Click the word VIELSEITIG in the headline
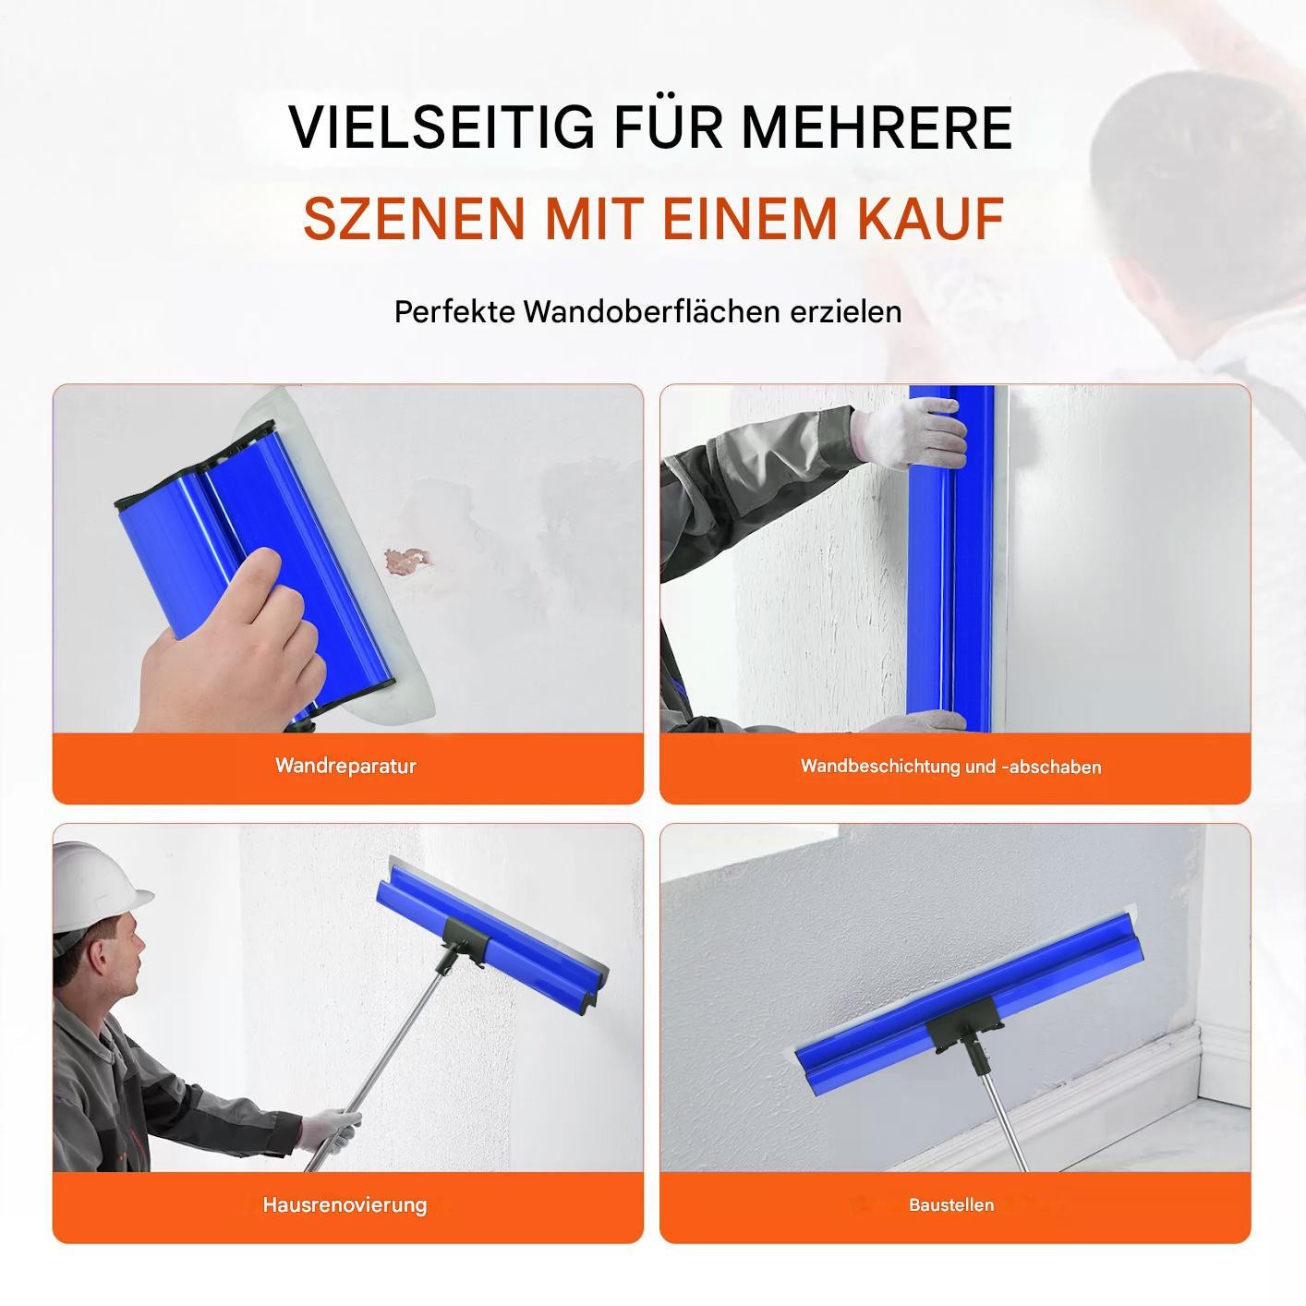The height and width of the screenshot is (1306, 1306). tap(441, 127)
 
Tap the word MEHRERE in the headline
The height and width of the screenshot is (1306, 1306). tap(877, 127)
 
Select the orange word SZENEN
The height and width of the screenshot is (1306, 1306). tap(415, 218)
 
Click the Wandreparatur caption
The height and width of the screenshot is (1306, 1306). tap(345, 766)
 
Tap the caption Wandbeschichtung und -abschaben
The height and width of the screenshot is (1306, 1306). tap(950, 767)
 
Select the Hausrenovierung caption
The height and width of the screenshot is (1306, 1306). tap(345, 1204)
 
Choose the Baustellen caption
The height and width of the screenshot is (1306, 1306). tap(951, 1204)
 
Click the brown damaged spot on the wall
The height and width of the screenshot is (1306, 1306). tap(407, 560)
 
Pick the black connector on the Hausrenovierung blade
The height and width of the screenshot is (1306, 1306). tap(465, 940)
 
